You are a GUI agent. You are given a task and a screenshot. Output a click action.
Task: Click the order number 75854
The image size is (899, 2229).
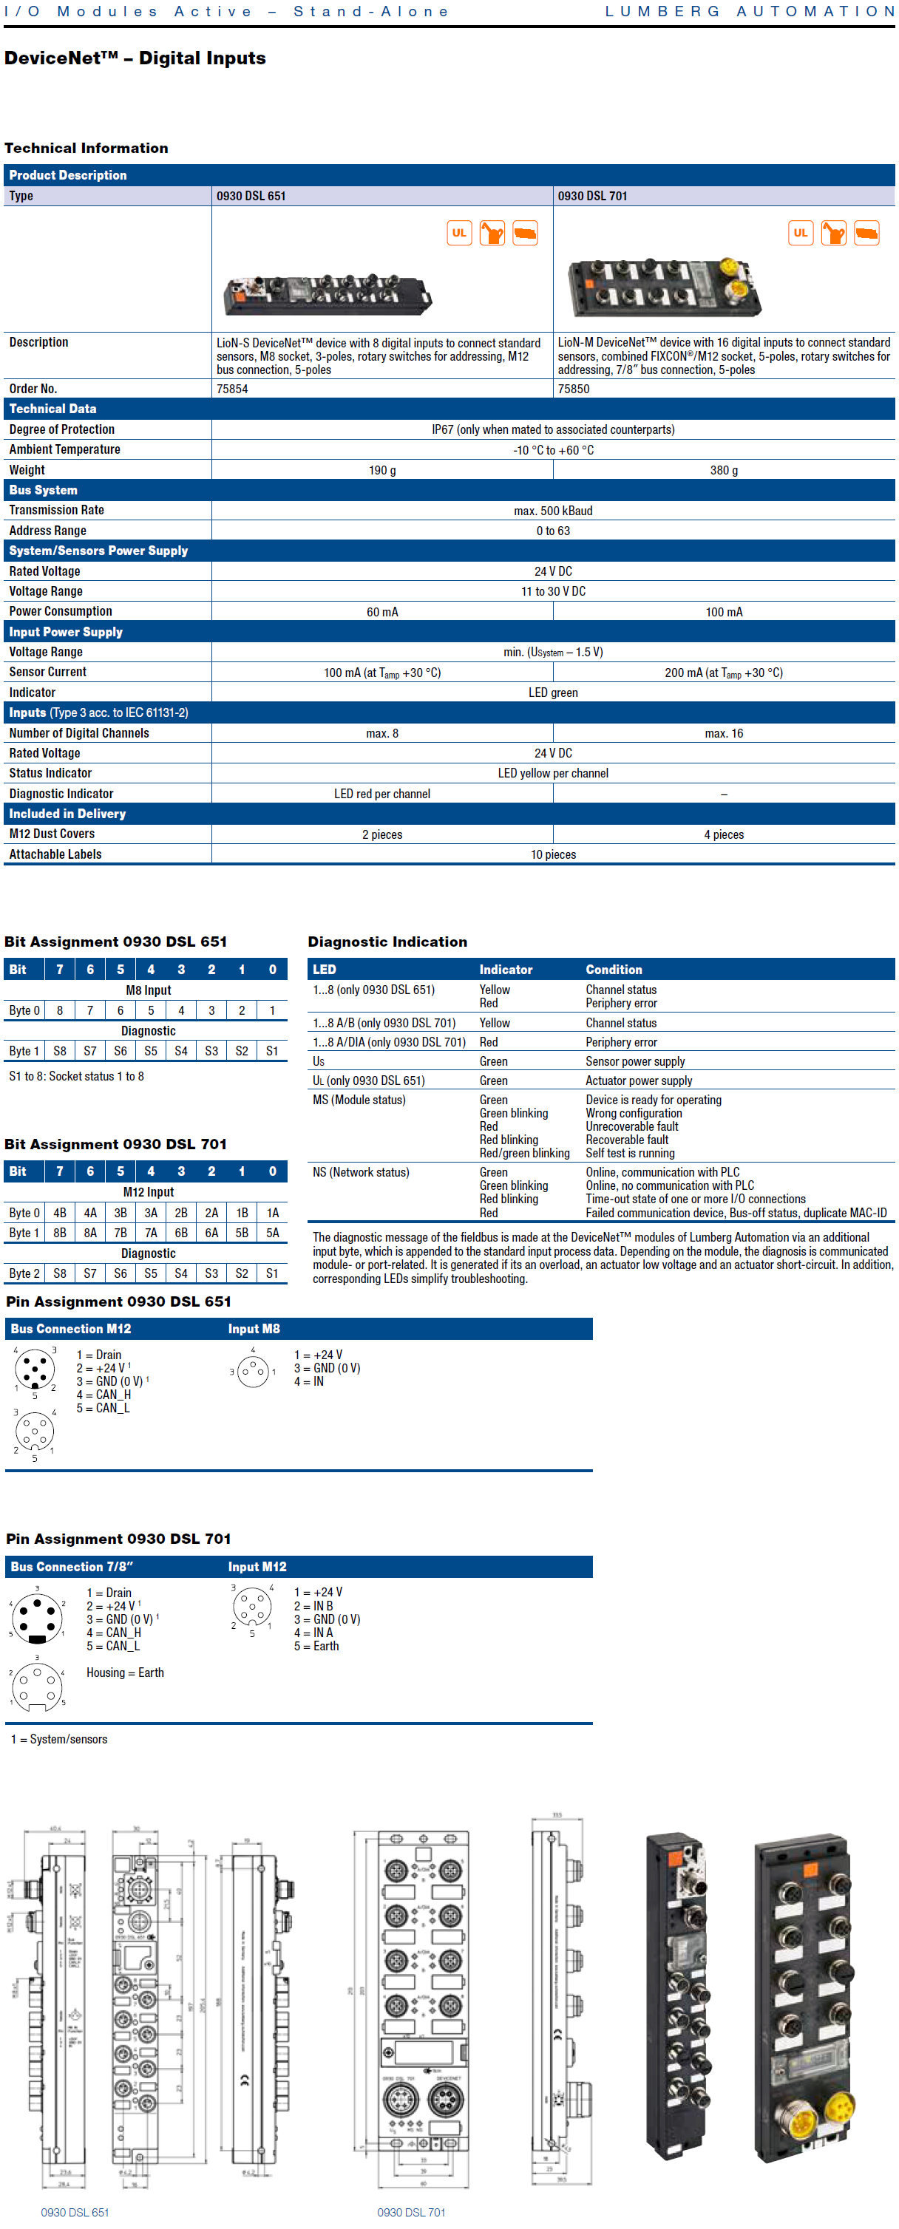pyautogui.click(x=232, y=389)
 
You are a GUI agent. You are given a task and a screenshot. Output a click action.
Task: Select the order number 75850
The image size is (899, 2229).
pyautogui.click(x=573, y=389)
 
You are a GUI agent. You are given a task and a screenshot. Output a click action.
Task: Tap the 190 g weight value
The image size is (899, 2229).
pyautogui.click(x=381, y=471)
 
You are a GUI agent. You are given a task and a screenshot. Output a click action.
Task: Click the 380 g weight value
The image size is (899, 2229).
pyautogui.click(x=723, y=471)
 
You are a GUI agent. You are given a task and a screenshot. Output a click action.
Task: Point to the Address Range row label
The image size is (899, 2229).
pyautogui.click(x=47, y=531)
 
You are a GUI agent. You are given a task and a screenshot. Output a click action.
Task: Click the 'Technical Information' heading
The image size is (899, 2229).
pyautogui.click(x=86, y=148)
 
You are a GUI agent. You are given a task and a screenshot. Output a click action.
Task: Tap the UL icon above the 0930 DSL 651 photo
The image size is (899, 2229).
pyautogui.click(x=458, y=233)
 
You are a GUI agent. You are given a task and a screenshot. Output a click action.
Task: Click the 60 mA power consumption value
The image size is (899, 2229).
pyautogui.click(x=381, y=613)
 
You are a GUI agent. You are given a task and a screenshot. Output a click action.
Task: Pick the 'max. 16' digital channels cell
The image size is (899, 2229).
pyautogui.click(x=723, y=734)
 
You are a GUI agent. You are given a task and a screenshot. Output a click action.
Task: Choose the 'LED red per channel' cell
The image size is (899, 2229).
pyautogui.click(x=381, y=794)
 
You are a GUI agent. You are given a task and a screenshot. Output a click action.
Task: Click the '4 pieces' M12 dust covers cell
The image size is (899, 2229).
pyautogui.click(x=723, y=835)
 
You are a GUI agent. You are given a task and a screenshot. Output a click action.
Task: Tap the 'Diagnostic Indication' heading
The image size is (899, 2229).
pyautogui.click(x=387, y=942)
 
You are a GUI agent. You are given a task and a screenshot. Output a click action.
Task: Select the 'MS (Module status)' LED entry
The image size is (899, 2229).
pyautogui.click(x=359, y=1100)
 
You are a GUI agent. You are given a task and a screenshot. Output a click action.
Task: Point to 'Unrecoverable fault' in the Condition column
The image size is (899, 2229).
pyautogui.click(x=631, y=1126)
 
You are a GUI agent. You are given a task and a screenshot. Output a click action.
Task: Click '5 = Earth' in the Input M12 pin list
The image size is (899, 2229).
pyautogui.click(x=316, y=1647)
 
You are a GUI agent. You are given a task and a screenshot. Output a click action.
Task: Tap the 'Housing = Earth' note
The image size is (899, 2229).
pyautogui.click(x=125, y=1673)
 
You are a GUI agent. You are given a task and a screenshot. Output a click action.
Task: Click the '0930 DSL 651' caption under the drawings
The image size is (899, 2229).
pyautogui.click(x=75, y=2213)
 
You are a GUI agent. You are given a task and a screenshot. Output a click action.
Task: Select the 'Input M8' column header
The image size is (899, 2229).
pyautogui.click(x=254, y=1329)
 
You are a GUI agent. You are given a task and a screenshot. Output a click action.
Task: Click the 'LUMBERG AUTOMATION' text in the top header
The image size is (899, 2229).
pyautogui.click(x=750, y=11)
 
